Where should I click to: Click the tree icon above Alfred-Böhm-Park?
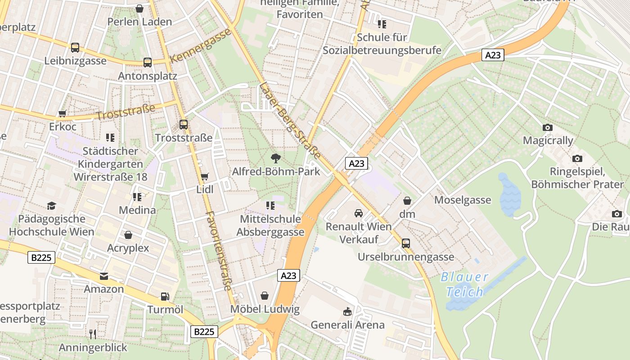[x=276, y=158]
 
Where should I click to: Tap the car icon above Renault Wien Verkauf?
[x=358, y=213]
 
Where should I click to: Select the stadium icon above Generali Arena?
[x=347, y=311]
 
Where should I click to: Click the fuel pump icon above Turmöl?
[x=165, y=297]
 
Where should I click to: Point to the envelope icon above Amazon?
[x=104, y=276]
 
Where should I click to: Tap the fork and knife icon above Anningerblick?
[x=93, y=334]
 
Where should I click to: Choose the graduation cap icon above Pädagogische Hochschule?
[x=51, y=206]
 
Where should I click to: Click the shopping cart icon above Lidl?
[x=204, y=176]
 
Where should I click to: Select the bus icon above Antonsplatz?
[x=148, y=63]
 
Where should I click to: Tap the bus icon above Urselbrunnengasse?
[x=406, y=243]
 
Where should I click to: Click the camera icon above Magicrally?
[x=548, y=127]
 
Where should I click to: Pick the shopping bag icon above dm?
[x=407, y=201]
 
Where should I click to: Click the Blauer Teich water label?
[x=465, y=284]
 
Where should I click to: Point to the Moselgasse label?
[x=463, y=200]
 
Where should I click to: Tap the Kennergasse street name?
[x=201, y=45]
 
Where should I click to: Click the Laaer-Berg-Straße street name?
[x=290, y=120]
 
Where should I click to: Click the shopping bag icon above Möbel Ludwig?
[x=265, y=296]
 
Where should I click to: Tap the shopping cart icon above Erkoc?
[x=63, y=113]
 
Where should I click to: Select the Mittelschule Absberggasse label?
[x=270, y=226]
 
